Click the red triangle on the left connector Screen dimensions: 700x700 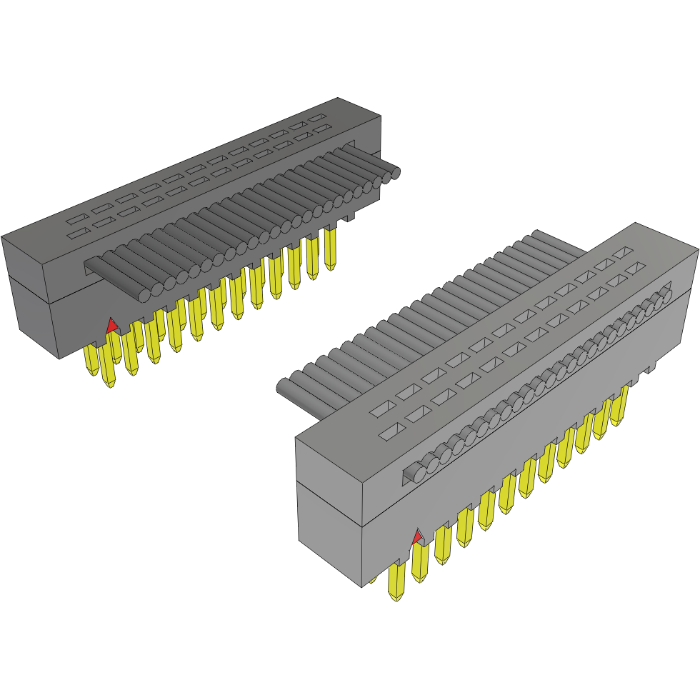point(111,326)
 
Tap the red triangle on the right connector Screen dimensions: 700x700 point(417,536)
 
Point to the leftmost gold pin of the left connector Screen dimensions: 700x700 point(91,360)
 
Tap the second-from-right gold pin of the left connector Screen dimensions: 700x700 point(312,258)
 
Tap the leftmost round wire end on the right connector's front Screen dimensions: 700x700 point(413,472)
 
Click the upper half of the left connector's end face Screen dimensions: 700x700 point(25,264)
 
